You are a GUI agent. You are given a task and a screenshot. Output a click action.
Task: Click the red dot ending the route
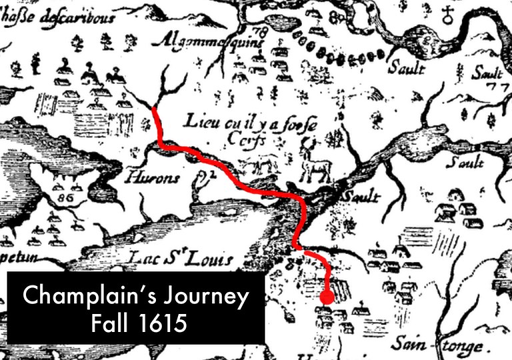point(327,297)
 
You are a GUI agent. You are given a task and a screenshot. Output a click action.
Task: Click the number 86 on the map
point(66,198)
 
